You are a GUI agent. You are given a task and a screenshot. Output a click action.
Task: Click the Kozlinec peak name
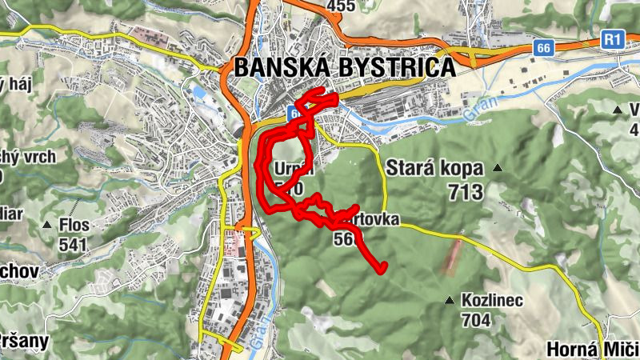pyautogui.click(x=491, y=301)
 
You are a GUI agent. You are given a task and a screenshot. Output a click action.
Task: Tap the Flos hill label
pyautogui.click(x=74, y=225)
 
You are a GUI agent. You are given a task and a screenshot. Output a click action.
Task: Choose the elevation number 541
pyautogui.click(x=74, y=243)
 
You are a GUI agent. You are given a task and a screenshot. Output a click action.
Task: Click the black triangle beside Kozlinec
pyautogui.click(x=449, y=301)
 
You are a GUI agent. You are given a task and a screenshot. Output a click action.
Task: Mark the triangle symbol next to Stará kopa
pyautogui.click(x=498, y=168)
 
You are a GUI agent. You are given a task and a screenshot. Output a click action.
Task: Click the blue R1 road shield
pyautogui.click(x=613, y=38)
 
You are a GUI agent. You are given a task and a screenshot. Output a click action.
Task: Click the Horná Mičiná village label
pyautogui.click(x=592, y=350)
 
